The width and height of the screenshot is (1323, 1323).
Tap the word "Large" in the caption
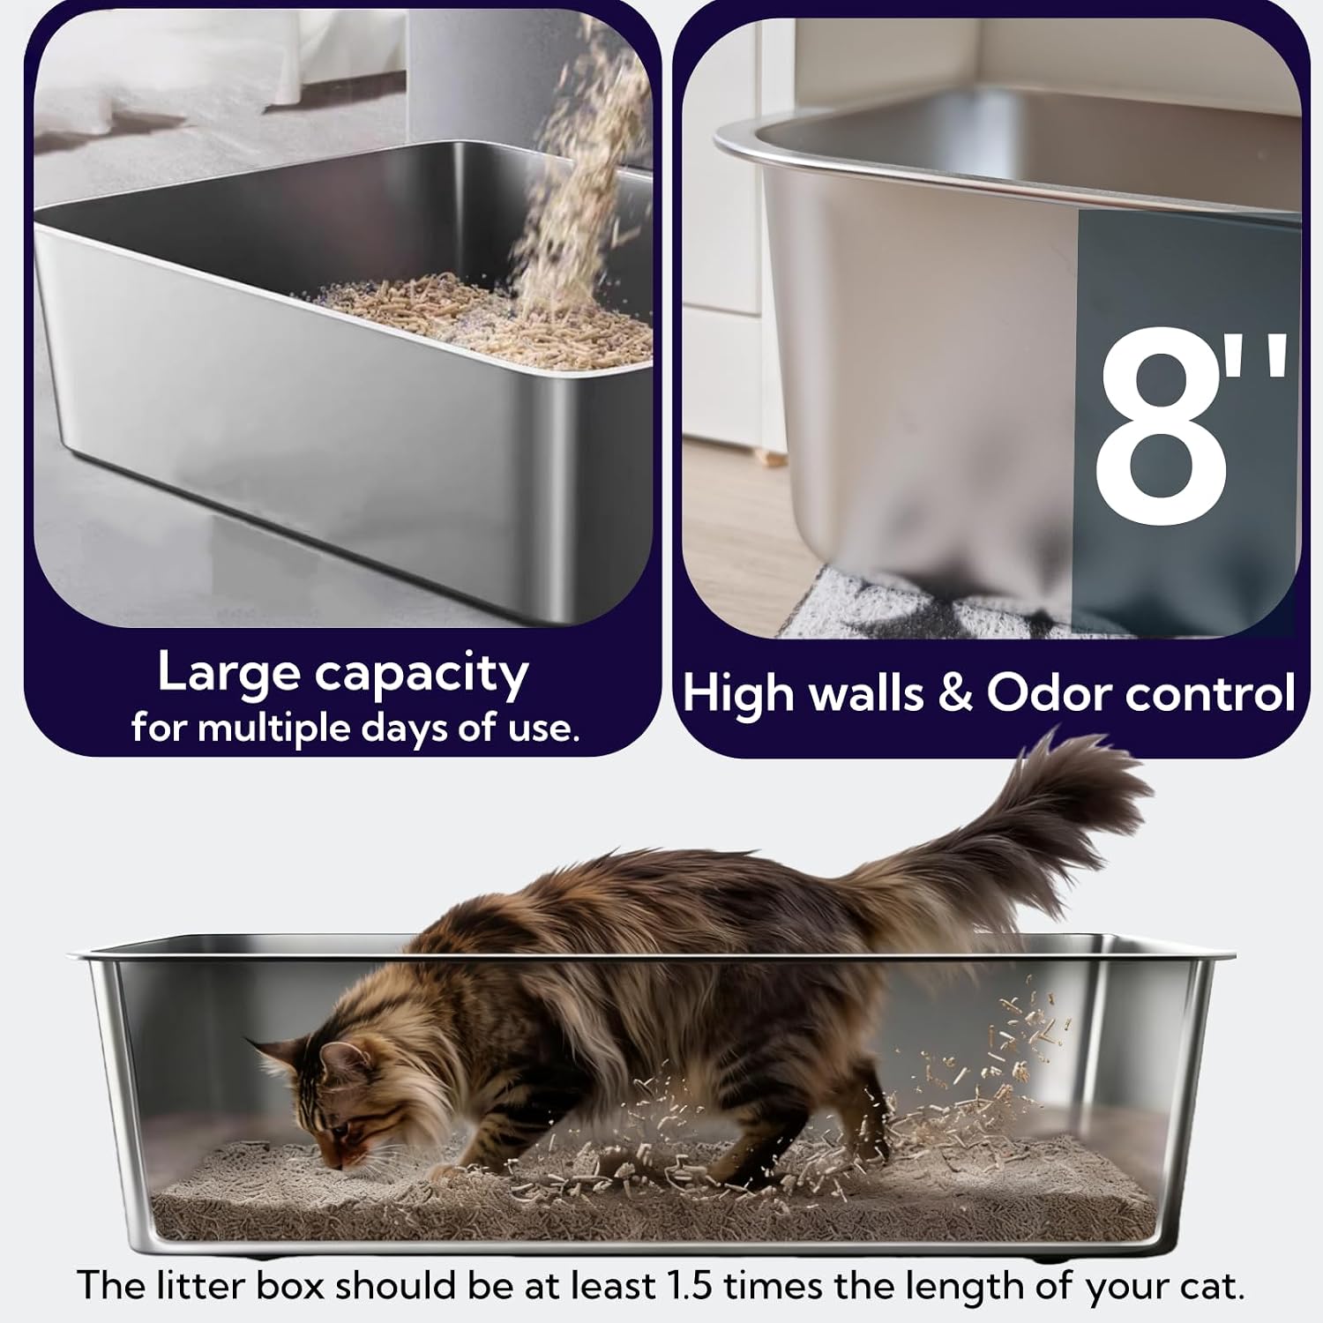(229, 675)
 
